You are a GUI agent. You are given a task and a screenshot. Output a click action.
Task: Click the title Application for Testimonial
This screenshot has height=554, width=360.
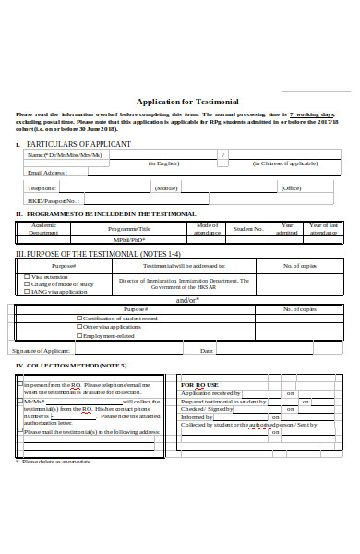click(x=187, y=102)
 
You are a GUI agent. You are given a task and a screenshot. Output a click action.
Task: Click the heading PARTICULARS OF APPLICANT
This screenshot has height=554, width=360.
click(x=78, y=145)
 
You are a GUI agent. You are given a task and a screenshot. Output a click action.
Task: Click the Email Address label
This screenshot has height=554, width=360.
click(x=47, y=172)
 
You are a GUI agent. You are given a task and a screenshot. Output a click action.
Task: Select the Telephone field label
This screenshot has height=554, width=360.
click(x=42, y=187)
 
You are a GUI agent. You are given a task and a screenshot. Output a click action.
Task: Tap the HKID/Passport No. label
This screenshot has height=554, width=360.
click(x=54, y=200)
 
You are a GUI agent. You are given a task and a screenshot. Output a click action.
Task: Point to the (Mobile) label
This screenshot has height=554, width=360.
click(x=166, y=187)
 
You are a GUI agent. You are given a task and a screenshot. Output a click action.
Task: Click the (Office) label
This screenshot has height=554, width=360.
click(x=291, y=187)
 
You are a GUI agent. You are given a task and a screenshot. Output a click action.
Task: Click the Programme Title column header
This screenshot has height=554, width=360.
click(x=128, y=228)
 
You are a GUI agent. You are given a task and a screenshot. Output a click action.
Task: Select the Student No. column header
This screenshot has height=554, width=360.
click(x=248, y=228)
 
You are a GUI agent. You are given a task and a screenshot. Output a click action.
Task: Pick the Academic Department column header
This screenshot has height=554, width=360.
click(x=43, y=228)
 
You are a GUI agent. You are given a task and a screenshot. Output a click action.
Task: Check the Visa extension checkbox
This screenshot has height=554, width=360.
click(x=27, y=276)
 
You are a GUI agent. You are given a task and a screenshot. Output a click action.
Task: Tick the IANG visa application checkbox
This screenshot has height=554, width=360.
click(x=27, y=290)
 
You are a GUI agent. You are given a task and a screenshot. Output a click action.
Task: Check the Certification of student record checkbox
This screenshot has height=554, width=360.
click(x=79, y=319)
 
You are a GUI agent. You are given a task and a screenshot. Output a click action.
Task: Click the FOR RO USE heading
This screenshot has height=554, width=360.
click(x=199, y=384)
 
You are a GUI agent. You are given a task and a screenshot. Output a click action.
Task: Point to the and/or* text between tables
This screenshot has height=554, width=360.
click(x=187, y=300)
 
